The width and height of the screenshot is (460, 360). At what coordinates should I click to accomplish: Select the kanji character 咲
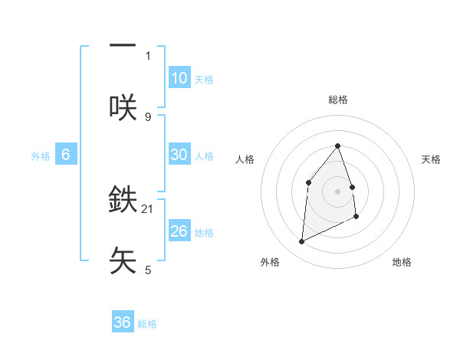click(x=123, y=106)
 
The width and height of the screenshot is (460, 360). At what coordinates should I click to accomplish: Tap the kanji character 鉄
click(x=123, y=199)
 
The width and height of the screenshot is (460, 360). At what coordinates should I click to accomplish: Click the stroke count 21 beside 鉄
click(x=149, y=208)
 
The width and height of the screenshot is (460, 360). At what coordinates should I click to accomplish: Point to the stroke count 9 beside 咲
click(x=148, y=116)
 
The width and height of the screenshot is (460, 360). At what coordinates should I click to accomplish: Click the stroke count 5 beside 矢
click(x=148, y=270)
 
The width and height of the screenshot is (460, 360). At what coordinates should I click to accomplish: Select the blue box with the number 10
click(x=179, y=78)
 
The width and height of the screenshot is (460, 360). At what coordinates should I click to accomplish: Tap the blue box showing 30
click(x=179, y=155)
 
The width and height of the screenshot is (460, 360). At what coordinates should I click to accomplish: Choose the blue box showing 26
click(x=179, y=231)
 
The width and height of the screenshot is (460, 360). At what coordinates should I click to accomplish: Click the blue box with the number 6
click(x=66, y=155)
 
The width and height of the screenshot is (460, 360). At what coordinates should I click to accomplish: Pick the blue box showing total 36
click(x=123, y=322)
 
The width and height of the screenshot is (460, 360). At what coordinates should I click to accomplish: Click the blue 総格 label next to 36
click(x=147, y=324)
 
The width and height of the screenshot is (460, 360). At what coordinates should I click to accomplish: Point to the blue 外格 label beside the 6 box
click(x=41, y=156)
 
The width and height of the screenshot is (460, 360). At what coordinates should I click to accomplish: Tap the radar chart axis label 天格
click(x=432, y=159)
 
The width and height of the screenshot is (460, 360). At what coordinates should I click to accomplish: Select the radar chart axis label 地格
click(x=402, y=262)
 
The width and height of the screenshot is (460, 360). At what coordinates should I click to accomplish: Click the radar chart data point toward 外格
click(x=301, y=242)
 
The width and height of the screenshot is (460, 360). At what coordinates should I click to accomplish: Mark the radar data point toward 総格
click(x=337, y=146)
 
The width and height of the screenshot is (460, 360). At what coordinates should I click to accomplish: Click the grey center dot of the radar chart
click(x=337, y=191)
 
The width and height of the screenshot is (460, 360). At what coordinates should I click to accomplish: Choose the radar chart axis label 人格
click(x=245, y=159)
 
